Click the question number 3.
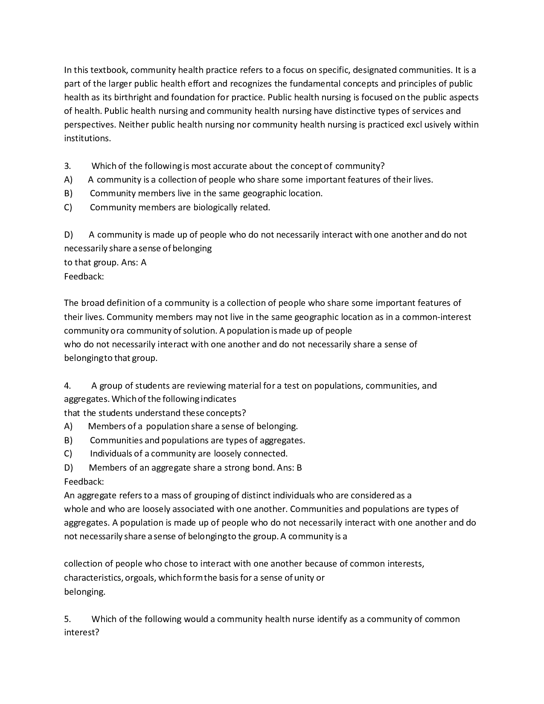click(67, 166)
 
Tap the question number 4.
click(67, 386)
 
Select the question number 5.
click(67, 619)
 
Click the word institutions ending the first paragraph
click(87, 138)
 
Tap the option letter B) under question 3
click(68, 193)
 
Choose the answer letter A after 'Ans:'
click(143, 262)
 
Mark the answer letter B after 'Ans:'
click(299, 468)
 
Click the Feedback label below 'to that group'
click(84, 276)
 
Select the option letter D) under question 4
click(68, 468)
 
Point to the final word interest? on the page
click(81, 632)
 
